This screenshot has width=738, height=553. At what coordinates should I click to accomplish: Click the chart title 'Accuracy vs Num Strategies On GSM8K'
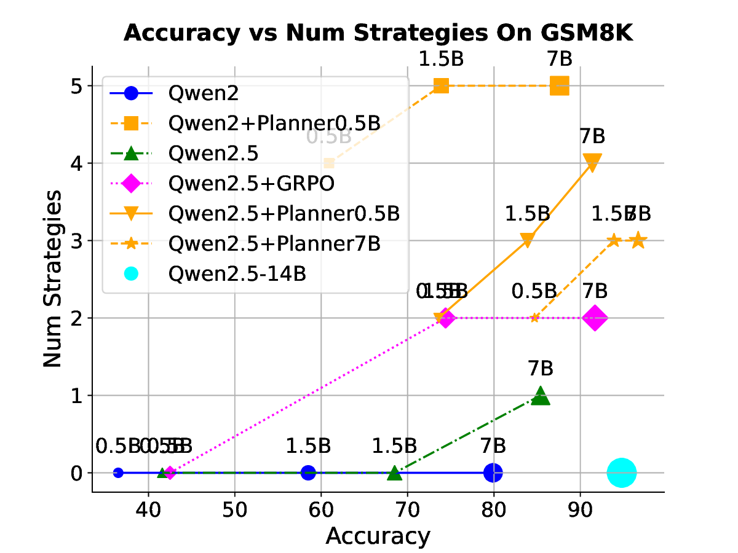click(x=378, y=33)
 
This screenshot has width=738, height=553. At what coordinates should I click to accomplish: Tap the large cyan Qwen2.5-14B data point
click(x=622, y=473)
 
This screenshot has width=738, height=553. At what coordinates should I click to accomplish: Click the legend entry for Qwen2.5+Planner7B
click(x=274, y=243)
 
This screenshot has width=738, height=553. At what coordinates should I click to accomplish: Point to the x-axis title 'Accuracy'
click(x=378, y=536)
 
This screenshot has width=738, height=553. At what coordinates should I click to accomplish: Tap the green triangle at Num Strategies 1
click(x=541, y=396)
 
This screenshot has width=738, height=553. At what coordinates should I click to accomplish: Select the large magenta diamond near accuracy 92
click(x=595, y=318)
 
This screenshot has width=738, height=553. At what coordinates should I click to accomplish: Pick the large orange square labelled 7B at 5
click(x=559, y=86)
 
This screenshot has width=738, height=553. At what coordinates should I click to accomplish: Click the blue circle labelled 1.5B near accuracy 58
click(x=308, y=473)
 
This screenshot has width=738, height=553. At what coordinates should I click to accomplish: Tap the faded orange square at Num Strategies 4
click(x=329, y=163)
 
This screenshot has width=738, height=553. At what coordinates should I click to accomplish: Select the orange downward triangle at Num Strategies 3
click(x=527, y=240)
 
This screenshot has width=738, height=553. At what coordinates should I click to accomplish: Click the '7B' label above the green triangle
click(x=541, y=369)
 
